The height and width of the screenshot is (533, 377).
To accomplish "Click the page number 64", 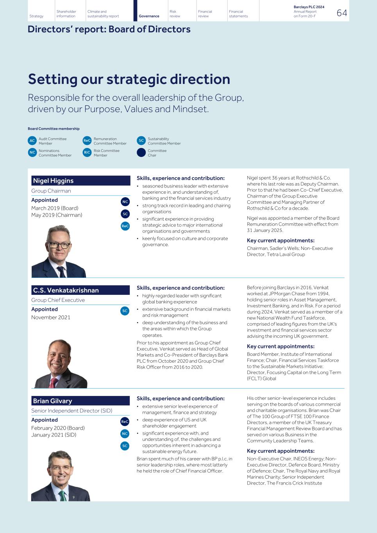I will pos(341,13).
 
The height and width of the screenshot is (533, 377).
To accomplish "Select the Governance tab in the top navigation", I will pos(149,16).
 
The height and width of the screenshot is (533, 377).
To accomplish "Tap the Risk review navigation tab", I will pos(175,14).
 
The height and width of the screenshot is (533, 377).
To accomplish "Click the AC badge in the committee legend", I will pos(32,141).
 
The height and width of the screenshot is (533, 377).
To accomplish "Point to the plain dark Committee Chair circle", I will pos(141,153).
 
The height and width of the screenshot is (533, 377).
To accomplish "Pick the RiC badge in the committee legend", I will pos(87,153).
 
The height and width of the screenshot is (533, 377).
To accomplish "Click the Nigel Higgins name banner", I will pos(80,181).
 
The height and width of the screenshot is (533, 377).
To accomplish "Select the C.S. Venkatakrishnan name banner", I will pos(80,290).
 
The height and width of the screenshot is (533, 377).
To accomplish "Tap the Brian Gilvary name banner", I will pos(80,401).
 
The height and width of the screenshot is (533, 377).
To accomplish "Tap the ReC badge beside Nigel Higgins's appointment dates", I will pos(125,226).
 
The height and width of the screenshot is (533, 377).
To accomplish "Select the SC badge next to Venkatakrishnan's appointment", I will pos(125,311).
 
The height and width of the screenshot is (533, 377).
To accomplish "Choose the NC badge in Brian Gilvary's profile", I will pos(125,434).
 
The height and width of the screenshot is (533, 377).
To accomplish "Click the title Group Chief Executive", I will pos(58,300).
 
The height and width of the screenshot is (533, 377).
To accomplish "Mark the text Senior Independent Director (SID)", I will pos(72,411).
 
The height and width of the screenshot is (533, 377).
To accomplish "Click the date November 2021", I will pos(51,317).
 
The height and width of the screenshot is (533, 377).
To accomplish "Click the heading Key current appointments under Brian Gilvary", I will pos(281,451).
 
